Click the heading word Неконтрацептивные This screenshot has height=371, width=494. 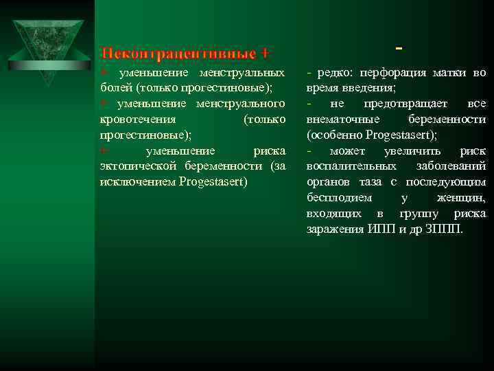click(x=176, y=53)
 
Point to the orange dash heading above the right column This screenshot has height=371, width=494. click(x=399, y=49)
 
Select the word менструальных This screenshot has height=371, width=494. click(x=242, y=72)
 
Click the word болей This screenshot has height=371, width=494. click(x=116, y=88)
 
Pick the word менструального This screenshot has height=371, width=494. click(x=241, y=103)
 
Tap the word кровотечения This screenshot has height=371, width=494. click(x=131, y=119)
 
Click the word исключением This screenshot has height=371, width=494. click(x=136, y=181)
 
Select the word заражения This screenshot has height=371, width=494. click(x=335, y=229)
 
